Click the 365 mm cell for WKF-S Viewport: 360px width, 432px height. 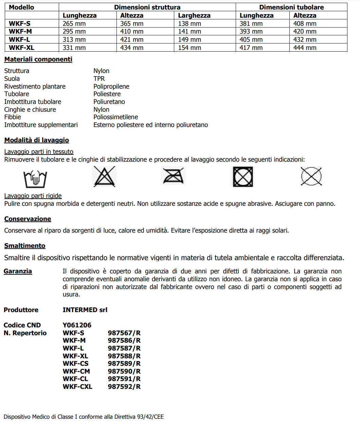[132, 23]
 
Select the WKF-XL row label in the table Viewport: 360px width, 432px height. [21, 48]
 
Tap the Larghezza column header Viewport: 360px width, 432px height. [194, 15]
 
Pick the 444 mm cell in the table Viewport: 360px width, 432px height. [305, 48]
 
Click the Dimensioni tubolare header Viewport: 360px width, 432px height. [291, 7]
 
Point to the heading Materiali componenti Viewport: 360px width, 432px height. [38, 59]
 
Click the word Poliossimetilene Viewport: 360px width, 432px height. [116, 117]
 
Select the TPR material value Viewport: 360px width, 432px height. [99, 78]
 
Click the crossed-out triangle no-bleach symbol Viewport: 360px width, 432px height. [105, 177]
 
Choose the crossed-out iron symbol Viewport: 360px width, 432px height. [174, 176]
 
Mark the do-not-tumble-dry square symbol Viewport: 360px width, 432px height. [243, 177]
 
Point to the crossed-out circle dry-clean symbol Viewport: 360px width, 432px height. [311, 176]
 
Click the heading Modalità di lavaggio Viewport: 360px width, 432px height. [37, 140]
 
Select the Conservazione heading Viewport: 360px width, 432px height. [28, 219]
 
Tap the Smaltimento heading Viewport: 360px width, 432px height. [25, 246]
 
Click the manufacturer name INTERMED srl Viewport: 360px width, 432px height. [85, 310]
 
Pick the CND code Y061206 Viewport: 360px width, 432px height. [77, 325]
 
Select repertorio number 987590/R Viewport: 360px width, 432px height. [124, 371]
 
